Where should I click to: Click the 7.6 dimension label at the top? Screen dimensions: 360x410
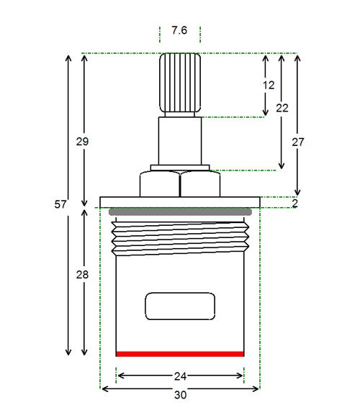[x=179, y=30]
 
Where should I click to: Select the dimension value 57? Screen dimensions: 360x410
[x=60, y=204]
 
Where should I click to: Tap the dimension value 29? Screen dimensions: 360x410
[x=82, y=142]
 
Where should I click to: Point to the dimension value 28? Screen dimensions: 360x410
[x=82, y=275]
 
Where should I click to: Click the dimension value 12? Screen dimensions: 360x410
[x=269, y=86]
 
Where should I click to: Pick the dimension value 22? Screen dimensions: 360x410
[x=282, y=108]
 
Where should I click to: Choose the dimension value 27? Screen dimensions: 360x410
[x=298, y=142]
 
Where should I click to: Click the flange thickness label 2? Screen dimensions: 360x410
[x=295, y=204]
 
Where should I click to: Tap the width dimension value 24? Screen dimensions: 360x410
[x=180, y=376]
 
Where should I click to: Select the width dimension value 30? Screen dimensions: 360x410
[x=180, y=395]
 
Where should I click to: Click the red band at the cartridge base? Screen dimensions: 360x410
[x=180, y=354]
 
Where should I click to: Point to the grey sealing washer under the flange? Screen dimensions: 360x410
[x=180, y=211]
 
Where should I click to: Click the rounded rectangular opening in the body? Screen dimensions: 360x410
[x=180, y=306]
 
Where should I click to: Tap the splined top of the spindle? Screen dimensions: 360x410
[x=180, y=83]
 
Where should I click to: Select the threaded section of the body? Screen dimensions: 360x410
[x=180, y=239]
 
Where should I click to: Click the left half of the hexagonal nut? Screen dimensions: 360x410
[x=160, y=184]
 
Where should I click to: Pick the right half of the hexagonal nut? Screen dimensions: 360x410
[x=200, y=184]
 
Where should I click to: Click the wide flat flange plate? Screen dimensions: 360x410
[x=180, y=202]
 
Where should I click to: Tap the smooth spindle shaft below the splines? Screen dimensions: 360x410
[x=180, y=141]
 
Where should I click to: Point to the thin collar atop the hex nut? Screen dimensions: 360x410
[x=180, y=168]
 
